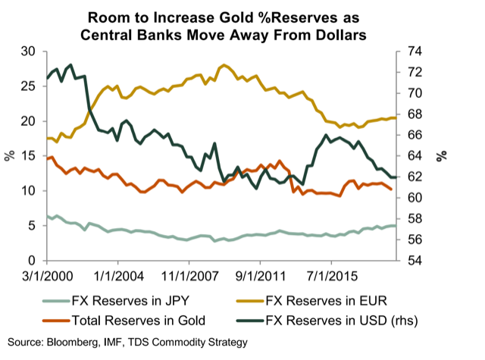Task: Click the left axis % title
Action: pos(10,156)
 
